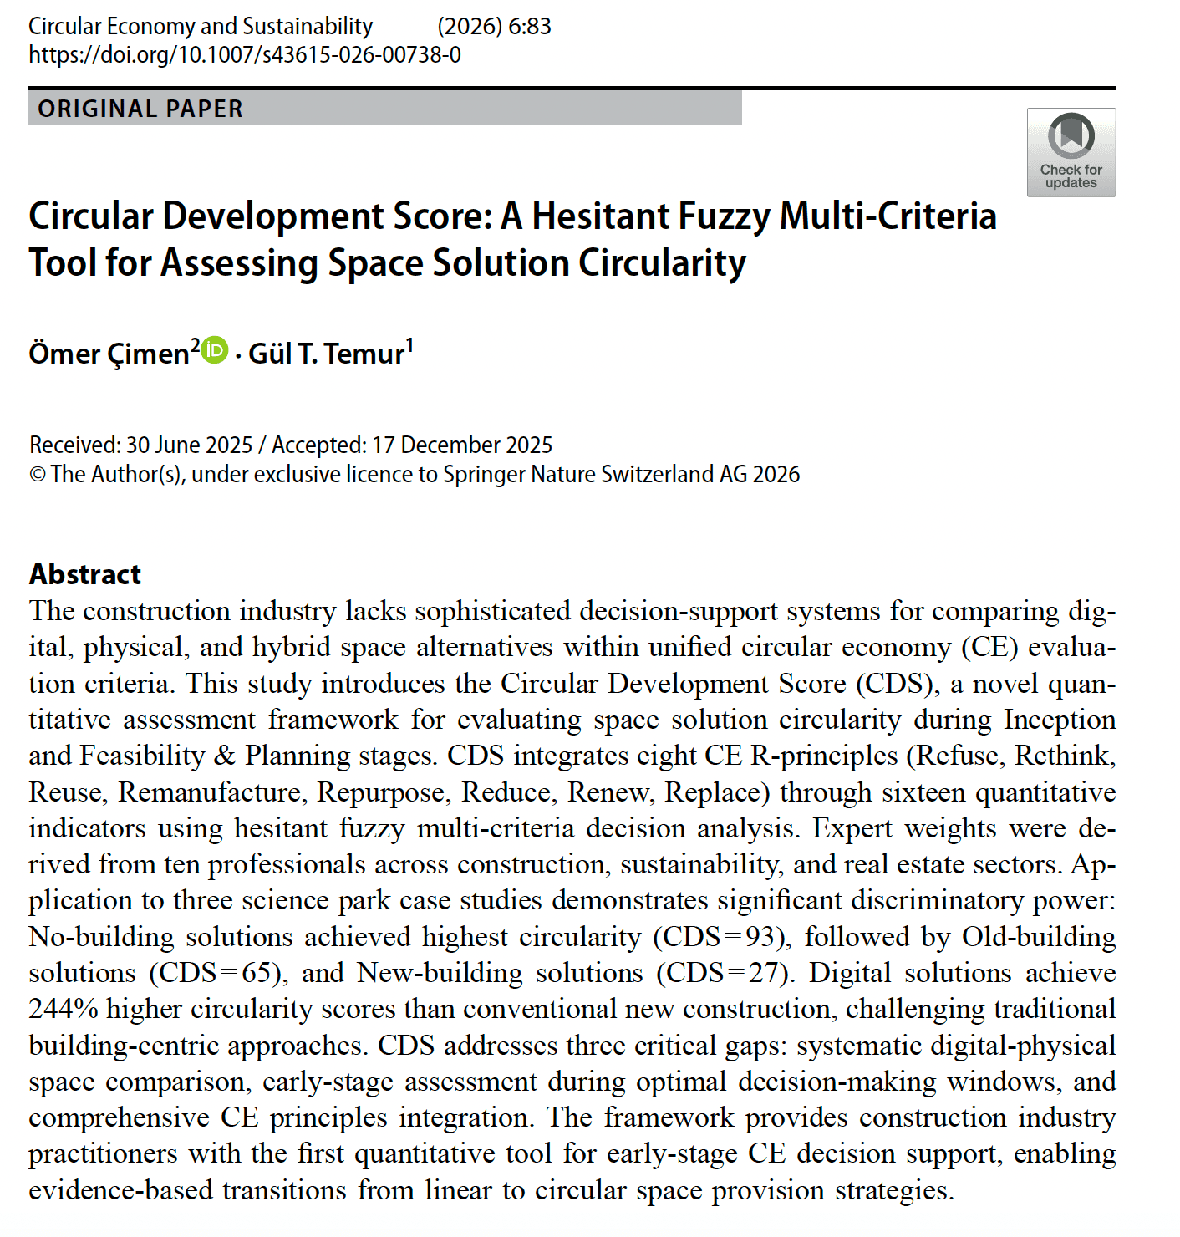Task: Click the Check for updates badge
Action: click(1071, 152)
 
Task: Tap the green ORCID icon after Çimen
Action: click(216, 349)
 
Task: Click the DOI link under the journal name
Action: click(245, 55)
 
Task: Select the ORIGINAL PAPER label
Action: click(140, 109)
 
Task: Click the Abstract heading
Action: click(85, 574)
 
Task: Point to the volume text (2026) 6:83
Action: click(494, 27)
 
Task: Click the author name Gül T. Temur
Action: click(327, 354)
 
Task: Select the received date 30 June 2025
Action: click(189, 445)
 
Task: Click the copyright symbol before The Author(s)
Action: click(38, 475)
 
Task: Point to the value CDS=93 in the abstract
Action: click(720, 937)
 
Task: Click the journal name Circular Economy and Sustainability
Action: click(201, 27)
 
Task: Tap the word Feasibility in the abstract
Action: click(142, 756)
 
